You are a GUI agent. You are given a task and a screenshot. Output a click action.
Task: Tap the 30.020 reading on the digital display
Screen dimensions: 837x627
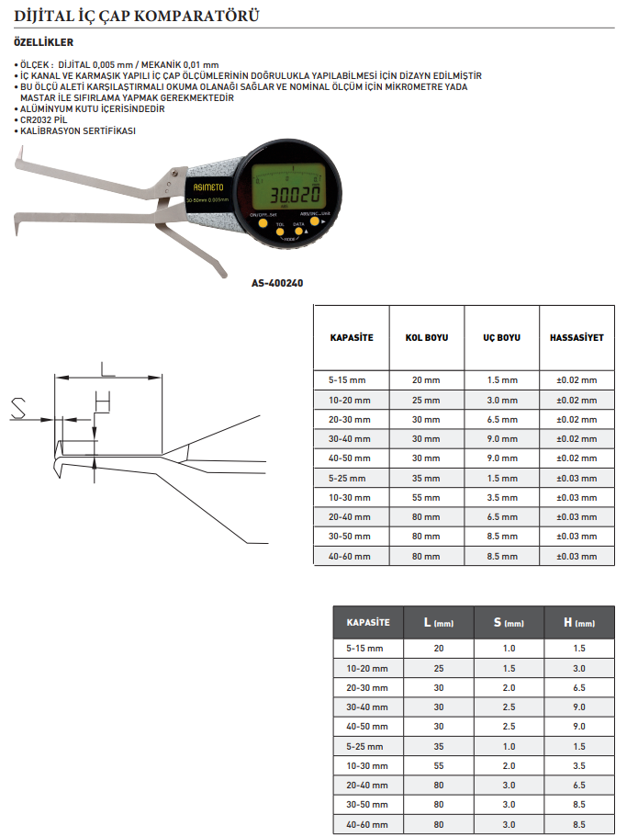286,195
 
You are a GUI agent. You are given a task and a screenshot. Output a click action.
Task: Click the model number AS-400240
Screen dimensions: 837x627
276,283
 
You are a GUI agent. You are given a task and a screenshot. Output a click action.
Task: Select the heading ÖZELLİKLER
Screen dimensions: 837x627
44,42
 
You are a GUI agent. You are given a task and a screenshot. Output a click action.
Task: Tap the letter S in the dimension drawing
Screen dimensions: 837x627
17,408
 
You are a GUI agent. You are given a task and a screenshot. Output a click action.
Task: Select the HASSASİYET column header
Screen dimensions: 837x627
577,337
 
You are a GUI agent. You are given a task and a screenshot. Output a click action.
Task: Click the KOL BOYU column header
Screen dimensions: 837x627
426,337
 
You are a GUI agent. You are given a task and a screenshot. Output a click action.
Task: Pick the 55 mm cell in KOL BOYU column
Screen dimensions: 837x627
426,497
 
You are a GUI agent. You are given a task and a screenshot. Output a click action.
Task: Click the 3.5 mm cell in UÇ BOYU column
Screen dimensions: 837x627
501,497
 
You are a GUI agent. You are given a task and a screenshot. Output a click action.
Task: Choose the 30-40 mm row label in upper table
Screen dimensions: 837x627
351,438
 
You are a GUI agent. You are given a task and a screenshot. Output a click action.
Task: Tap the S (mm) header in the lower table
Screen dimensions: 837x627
508,623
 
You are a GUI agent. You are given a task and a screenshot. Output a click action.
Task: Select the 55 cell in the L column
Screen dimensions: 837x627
438,765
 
